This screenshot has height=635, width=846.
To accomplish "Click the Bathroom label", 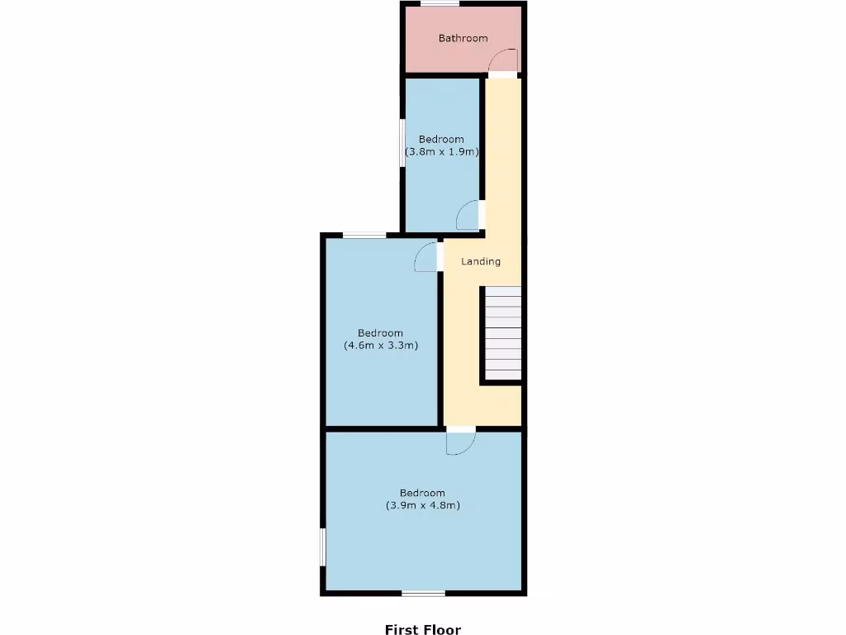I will (x=463, y=38).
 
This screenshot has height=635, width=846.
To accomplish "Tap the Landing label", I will (x=481, y=261).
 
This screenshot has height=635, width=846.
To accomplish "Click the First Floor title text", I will (x=422, y=629).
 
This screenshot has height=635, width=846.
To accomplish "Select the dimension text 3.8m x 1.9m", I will (x=441, y=152).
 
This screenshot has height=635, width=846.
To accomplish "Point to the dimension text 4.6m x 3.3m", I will (x=381, y=346).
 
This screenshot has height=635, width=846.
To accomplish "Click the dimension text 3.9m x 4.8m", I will (x=423, y=505).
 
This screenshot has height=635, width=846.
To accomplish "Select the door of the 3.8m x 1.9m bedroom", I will (x=468, y=216).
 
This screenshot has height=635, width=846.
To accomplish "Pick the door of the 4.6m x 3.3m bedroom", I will (x=427, y=257).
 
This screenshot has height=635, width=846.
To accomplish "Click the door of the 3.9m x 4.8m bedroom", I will (x=461, y=442).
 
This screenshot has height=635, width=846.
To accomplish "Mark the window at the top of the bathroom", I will (x=440, y=4).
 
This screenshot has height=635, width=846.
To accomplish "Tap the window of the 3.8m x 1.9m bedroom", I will (x=403, y=143).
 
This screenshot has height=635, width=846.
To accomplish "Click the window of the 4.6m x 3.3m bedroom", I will (x=364, y=236).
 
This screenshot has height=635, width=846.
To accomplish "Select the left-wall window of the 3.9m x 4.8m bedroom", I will (x=324, y=547).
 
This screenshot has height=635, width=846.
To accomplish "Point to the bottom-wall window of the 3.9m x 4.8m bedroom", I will (x=423, y=593).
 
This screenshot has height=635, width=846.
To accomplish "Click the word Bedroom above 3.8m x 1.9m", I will (x=441, y=139).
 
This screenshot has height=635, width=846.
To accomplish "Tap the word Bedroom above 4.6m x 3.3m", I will (x=381, y=333).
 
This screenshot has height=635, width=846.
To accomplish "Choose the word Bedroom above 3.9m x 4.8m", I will (x=423, y=493).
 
